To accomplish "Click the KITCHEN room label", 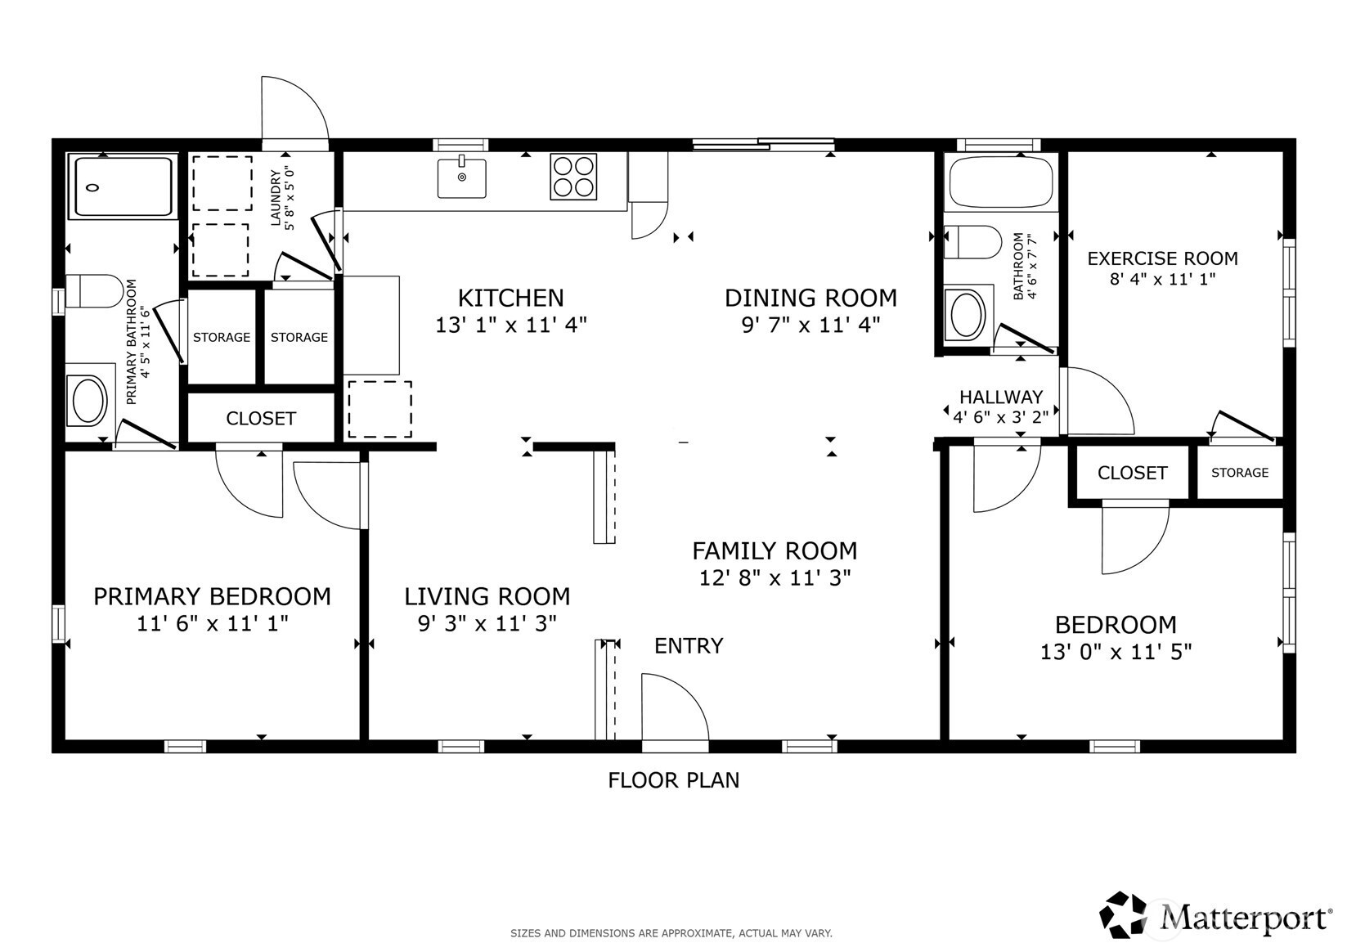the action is (x=510, y=299).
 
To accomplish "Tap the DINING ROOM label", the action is (x=810, y=299).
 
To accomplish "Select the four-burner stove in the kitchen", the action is (x=573, y=176).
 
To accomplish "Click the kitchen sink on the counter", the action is (x=462, y=178).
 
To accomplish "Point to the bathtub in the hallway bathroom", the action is (x=1001, y=182).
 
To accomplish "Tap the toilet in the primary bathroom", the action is (x=94, y=291).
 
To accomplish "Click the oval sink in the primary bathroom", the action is (x=90, y=399).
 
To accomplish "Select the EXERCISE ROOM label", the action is (x=1162, y=258).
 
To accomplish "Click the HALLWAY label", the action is (x=1000, y=397).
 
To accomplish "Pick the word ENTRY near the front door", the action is (x=689, y=646).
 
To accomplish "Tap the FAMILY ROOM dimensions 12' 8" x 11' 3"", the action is (x=775, y=578).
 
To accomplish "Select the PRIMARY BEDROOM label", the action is (x=213, y=596).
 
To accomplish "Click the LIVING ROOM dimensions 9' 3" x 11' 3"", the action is (x=487, y=624).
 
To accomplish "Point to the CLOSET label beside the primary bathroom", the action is (x=261, y=419).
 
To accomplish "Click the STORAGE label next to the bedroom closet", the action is (x=1239, y=473).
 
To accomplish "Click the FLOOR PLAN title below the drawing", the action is (x=674, y=780).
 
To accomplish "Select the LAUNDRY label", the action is (x=276, y=198).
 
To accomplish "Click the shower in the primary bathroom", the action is (x=122, y=186).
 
